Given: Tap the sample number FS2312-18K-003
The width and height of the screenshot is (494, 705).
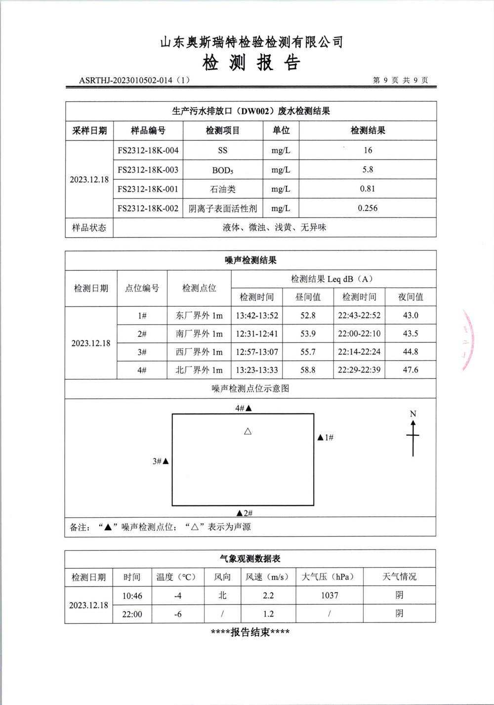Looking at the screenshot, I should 148,169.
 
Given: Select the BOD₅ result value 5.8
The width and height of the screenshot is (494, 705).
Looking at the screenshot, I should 368,169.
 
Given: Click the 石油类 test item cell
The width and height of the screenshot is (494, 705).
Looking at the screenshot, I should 223,189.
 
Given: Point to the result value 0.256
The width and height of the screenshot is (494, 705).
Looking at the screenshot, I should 368,208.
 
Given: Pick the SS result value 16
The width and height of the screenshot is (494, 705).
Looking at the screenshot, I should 368,150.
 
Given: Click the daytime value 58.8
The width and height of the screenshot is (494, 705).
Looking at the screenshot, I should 308,370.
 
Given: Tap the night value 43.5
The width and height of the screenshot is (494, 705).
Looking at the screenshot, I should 411,333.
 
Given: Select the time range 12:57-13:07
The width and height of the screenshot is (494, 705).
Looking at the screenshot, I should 257,352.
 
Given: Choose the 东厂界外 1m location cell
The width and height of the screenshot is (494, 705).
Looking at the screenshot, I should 199,315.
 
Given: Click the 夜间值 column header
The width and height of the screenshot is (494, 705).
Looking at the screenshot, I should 411,297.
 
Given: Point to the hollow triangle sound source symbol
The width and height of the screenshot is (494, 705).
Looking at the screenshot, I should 248,431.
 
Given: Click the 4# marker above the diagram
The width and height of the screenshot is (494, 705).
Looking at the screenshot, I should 244,408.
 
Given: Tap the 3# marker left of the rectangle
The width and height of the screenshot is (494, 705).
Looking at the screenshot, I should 161,461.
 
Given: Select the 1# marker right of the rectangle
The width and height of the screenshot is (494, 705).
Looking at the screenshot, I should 325,437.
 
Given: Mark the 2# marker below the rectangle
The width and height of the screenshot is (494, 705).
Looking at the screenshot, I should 245,513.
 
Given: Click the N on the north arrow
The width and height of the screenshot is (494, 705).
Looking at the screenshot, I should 413,414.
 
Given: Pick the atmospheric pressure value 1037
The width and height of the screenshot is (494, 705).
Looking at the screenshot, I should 329,595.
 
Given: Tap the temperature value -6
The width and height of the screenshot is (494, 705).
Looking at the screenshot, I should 178,614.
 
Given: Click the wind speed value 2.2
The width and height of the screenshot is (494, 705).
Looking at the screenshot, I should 268,595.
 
